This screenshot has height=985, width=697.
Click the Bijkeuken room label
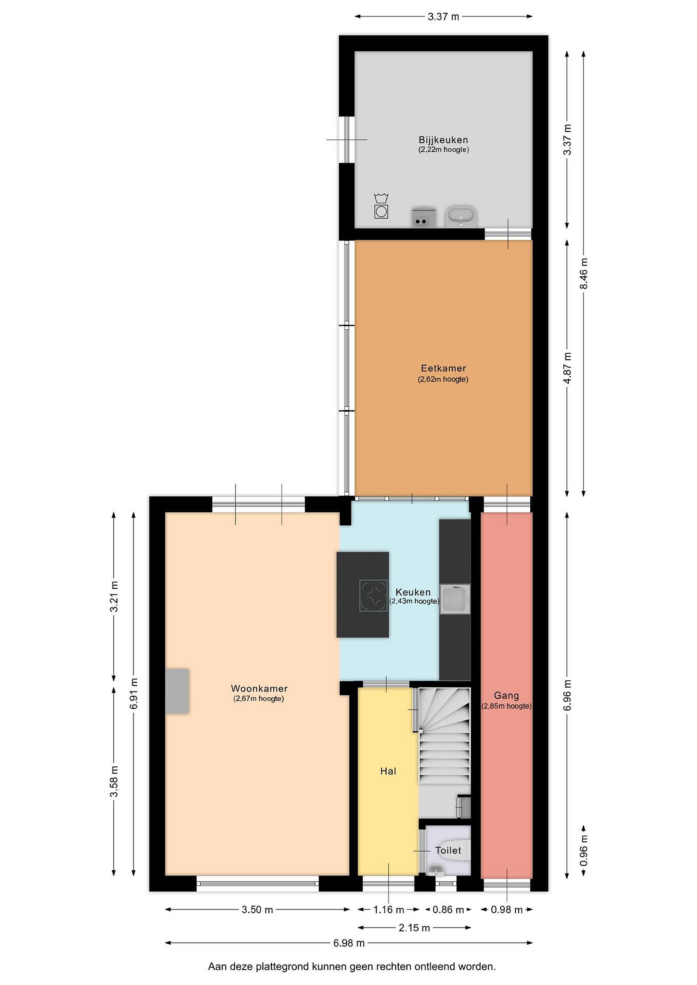[x=443, y=140]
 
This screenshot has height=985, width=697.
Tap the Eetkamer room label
[x=443, y=368]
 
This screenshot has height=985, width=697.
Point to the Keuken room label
[x=413, y=592]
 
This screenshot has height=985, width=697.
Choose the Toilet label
[x=448, y=850]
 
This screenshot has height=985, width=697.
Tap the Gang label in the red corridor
[x=506, y=695]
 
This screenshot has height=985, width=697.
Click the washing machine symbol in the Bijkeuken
[x=381, y=206]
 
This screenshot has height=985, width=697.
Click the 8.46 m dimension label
[x=583, y=273]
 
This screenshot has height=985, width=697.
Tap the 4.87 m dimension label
[x=567, y=368]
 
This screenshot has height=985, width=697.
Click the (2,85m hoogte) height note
[x=506, y=706]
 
